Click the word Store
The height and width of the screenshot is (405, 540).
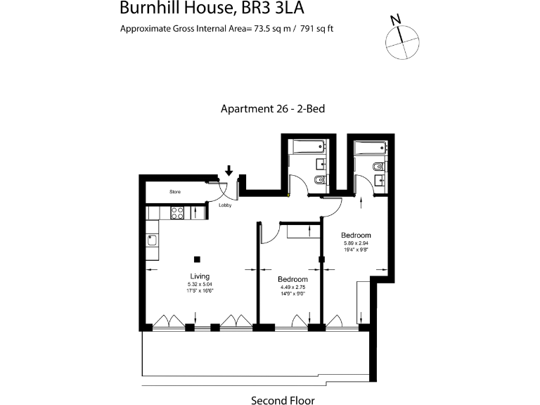(175, 191)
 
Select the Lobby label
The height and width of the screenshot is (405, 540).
(225, 205)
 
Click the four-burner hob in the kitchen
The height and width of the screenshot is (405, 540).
(178, 212)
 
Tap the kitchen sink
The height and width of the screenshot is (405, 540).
(153, 240)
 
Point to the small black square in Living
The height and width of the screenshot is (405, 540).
(198, 258)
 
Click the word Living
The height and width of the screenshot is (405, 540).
(200, 276)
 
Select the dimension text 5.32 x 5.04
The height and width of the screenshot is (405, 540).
(200, 284)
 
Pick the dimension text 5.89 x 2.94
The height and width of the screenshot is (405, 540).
(356, 243)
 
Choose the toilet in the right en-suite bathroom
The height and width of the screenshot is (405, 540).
(378, 166)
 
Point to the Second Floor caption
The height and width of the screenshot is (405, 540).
(283, 400)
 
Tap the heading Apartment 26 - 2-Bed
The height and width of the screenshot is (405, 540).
(272, 109)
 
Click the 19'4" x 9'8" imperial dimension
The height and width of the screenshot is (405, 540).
(356, 250)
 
